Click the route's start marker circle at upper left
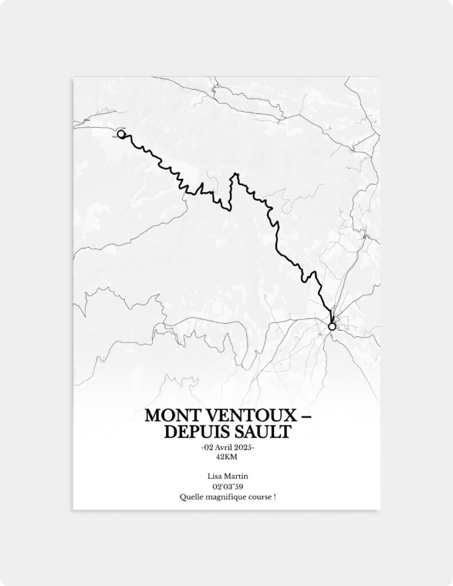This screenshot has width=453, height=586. coord(121,134)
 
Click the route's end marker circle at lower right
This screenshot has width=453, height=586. coord(332,326)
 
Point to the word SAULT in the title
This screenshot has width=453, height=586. coord(263,432)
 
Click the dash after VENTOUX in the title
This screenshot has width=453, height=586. coord(304,415)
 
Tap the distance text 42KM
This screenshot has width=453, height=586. coord(227,457)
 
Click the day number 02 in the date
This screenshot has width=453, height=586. coord(207,447)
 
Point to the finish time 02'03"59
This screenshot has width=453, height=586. coord(227,486)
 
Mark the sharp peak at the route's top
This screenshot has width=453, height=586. coord(235,173)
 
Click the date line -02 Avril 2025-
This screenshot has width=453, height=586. coord(227,447)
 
